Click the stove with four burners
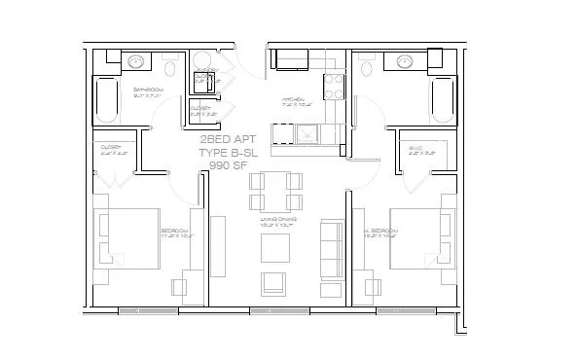pyautogui.click(x=333, y=87)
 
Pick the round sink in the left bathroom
pyautogui.click(x=136, y=61)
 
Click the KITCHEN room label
pyautogui.click(x=294, y=100)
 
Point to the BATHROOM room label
pyautogui.click(x=148, y=90)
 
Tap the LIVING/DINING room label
pyautogui.click(x=277, y=220)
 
